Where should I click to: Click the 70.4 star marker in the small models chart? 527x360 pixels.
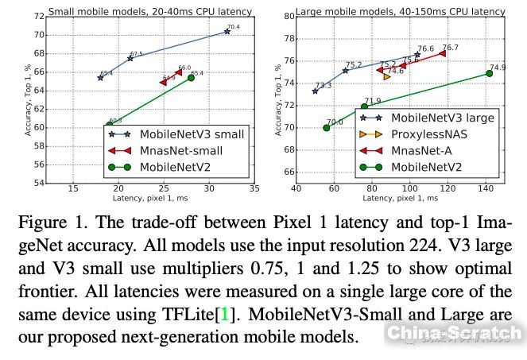227,32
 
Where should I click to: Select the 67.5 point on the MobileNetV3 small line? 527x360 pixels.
130,58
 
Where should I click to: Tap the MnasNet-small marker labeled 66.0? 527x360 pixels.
179,72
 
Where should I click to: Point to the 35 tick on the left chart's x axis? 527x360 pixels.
254,189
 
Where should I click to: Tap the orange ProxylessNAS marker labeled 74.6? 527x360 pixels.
387,76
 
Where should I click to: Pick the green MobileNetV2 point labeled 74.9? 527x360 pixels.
490,73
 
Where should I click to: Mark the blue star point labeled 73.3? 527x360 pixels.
316,91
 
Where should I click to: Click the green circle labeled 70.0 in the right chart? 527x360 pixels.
326,127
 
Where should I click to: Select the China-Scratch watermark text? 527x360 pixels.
454,332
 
